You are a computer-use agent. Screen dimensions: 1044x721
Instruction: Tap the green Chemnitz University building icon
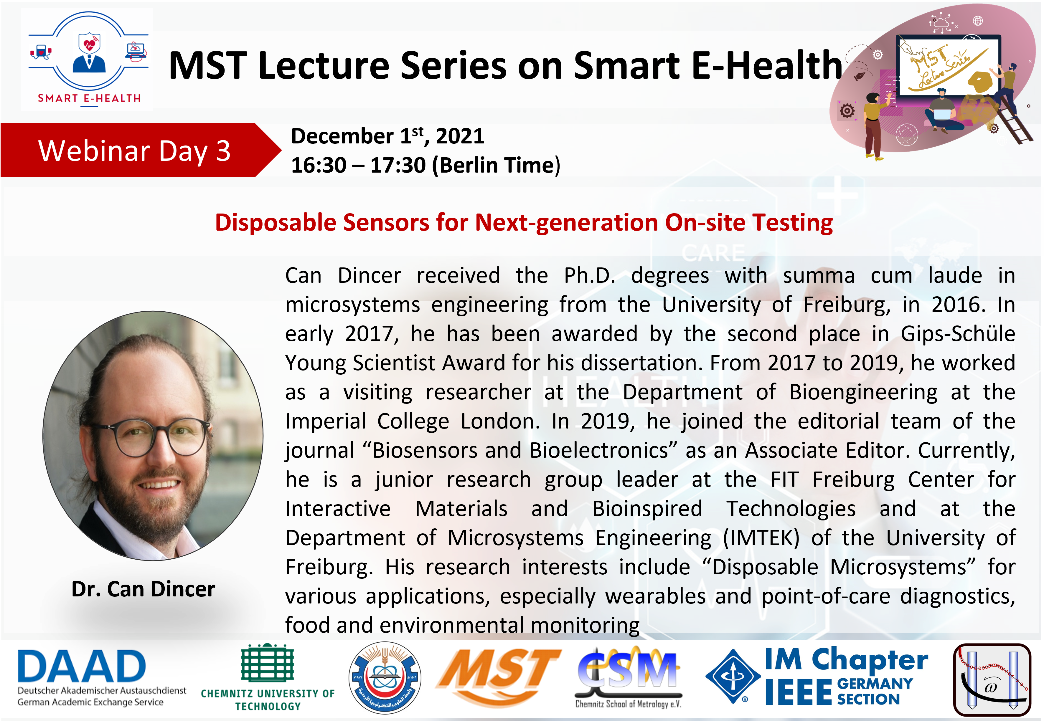tap(268, 662)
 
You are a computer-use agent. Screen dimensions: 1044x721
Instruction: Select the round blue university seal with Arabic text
tap(385, 678)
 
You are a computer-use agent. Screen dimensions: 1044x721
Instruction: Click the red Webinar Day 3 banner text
tap(134, 151)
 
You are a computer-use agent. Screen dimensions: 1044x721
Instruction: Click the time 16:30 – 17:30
tap(358, 165)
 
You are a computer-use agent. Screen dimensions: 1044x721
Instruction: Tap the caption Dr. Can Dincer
tap(143, 589)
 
